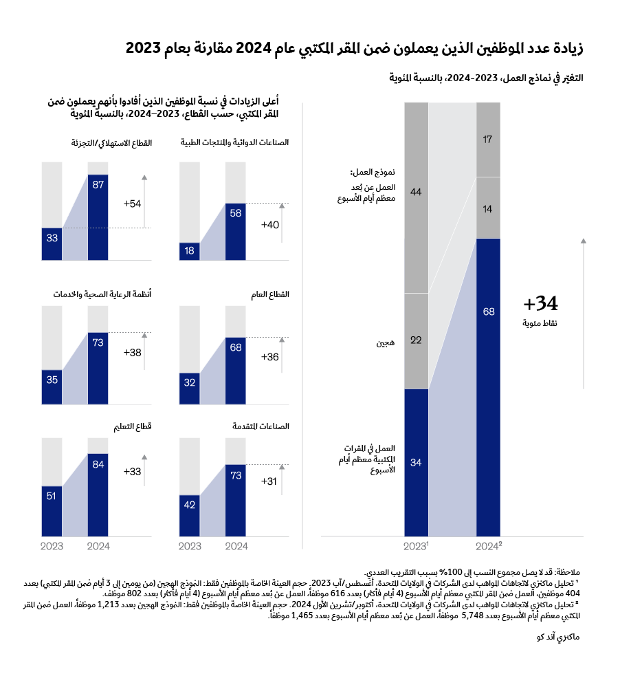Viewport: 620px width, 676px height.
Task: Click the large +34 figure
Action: coord(540,303)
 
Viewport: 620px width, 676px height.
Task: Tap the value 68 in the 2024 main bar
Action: coord(489,312)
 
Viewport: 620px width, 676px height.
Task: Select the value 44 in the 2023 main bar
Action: coord(416,193)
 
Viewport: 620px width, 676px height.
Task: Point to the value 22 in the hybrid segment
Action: coord(416,340)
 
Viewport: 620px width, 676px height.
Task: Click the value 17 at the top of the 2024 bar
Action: coord(489,140)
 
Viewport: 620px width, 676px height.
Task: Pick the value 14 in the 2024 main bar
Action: coord(489,208)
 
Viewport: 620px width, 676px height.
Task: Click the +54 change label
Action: coord(133,204)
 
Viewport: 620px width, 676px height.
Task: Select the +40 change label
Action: coord(270,224)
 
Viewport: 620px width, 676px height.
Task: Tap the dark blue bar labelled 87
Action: coord(98,217)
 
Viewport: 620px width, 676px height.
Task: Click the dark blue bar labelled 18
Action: coord(190,251)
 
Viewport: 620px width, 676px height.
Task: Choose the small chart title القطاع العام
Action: coord(274,294)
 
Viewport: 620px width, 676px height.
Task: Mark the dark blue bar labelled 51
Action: coord(52,510)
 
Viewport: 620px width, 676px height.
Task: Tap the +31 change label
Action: coord(270,481)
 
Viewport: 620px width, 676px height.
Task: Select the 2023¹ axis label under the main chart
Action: coord(417,545)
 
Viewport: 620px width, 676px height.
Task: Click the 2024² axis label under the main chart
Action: coord(489,545)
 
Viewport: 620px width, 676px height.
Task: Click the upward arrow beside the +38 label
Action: coord(144,351)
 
